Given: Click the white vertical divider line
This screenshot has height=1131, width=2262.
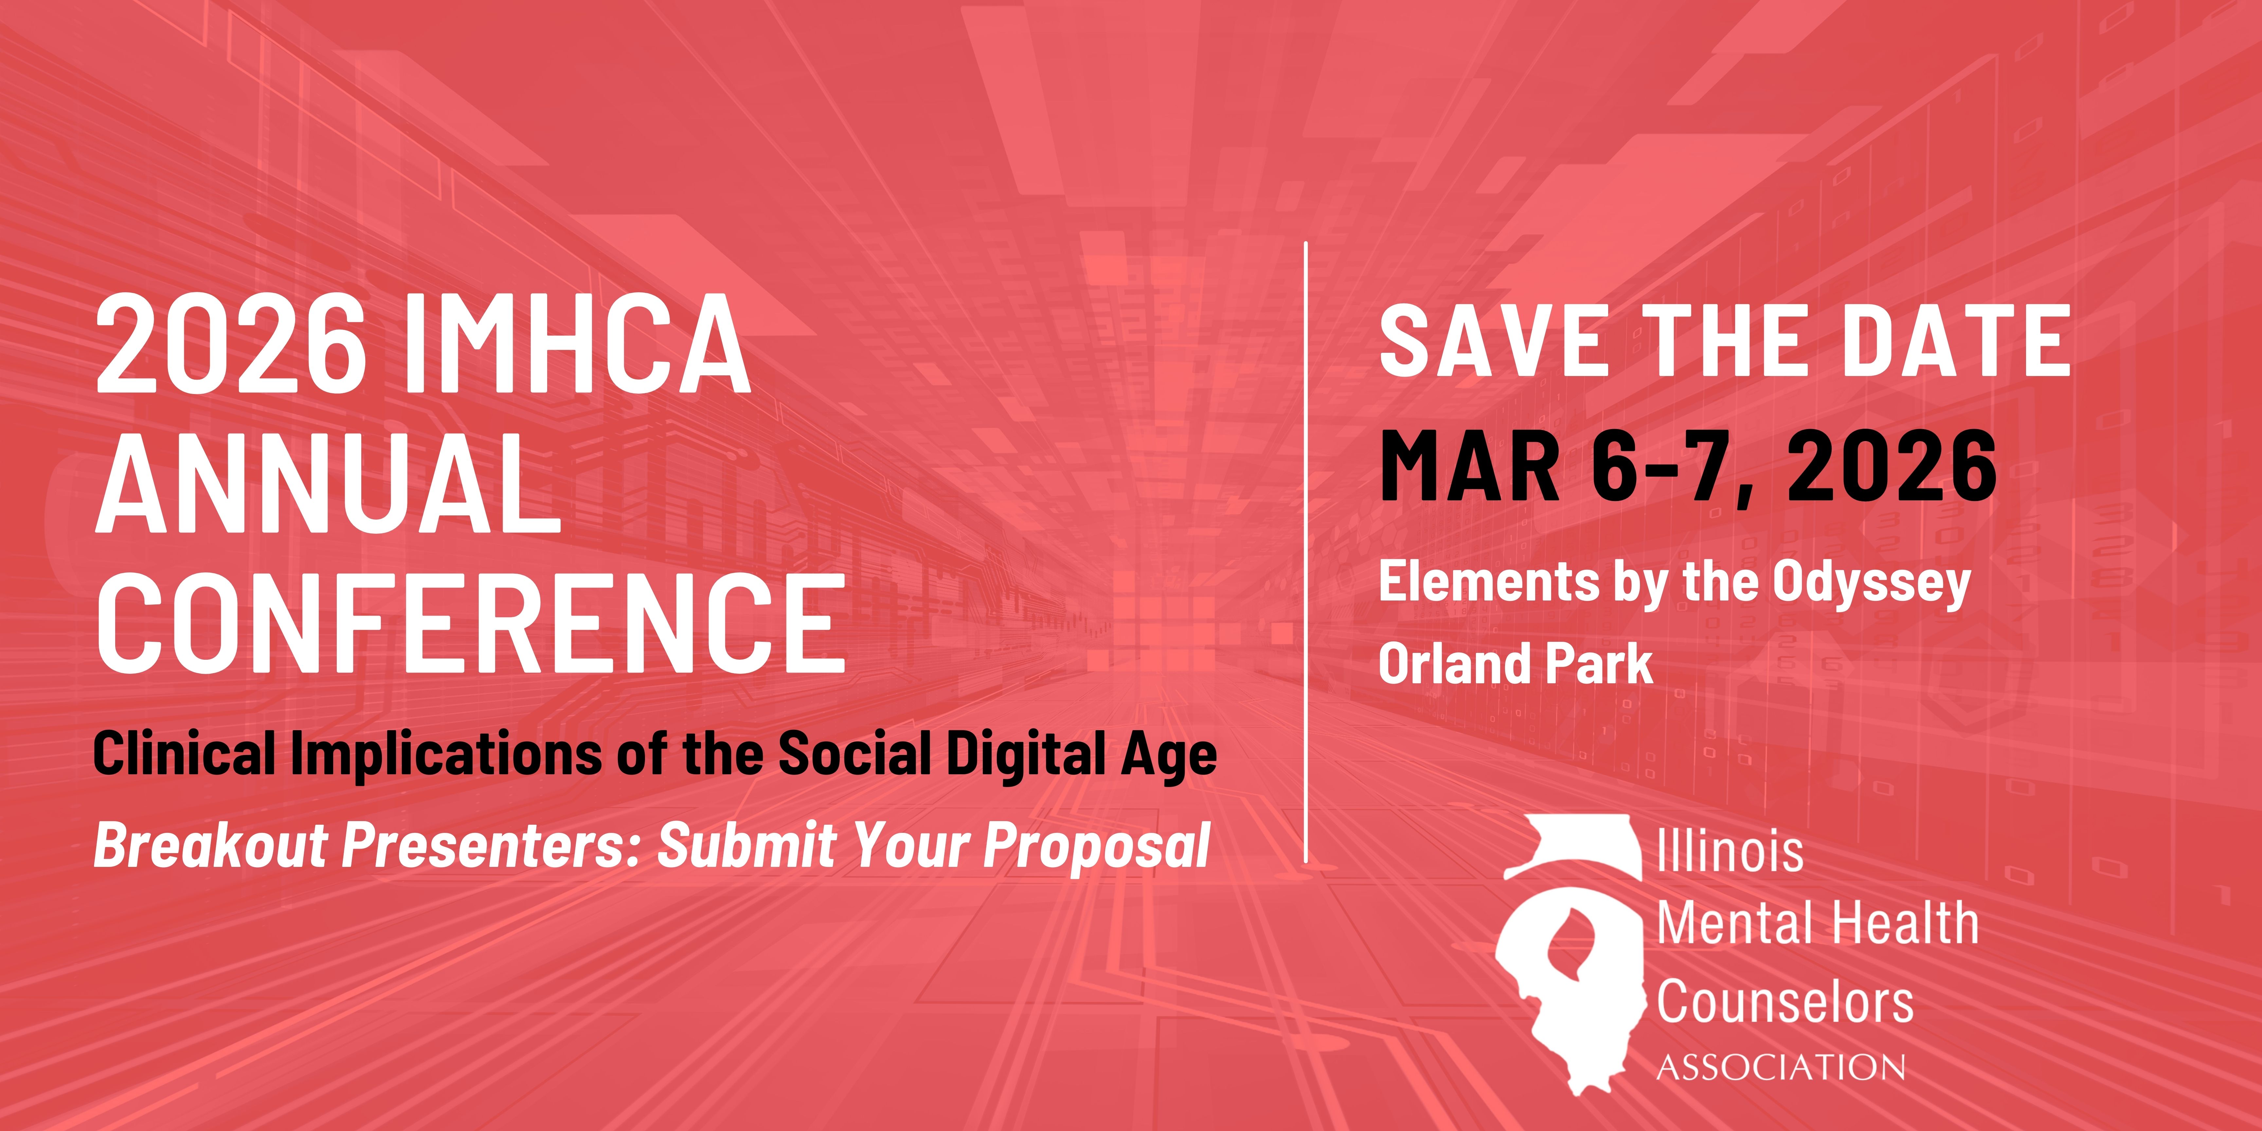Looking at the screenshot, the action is coord(1307,551).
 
